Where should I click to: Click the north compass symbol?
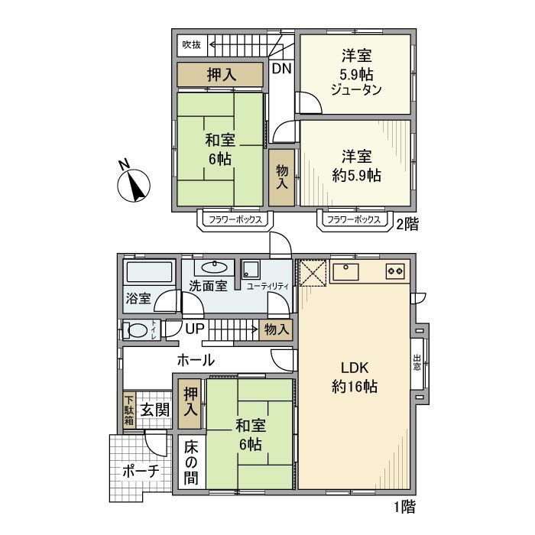coord(135,184)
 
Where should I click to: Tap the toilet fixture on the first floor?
coord(138,331)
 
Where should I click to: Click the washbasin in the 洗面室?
coord(214,267)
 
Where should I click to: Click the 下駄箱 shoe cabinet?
coord(130,410)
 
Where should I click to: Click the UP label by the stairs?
coord(196,329)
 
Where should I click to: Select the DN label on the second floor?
coord(282,69)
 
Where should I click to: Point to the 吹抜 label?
coord(190,45)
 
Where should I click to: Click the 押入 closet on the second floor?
coord(222,74)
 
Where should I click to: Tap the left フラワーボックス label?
coord(236,220)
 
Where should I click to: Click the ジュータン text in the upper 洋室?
coord(357,88)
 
